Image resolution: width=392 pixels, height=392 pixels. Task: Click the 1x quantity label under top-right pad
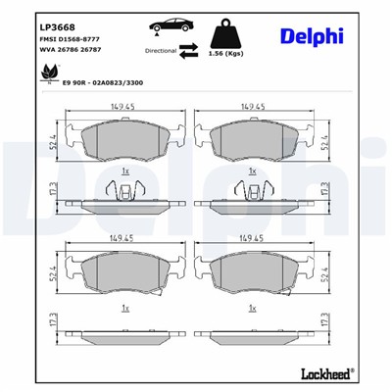tap(253, 173)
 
